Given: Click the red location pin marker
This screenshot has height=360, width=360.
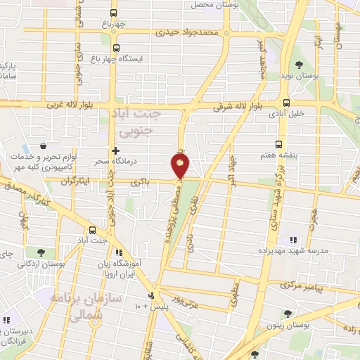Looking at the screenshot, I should [x=180, y=166].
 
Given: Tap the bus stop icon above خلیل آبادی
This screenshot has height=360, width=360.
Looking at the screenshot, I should [x=285, y=101].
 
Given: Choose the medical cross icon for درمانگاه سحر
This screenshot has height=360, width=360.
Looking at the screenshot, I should [x=116, y=150].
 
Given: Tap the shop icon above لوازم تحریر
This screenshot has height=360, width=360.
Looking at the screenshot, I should [x=44, y=146].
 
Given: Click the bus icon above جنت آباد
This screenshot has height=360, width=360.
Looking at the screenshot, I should [x=92, y=230].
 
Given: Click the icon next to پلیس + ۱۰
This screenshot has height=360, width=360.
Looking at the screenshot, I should [x=151, y=296].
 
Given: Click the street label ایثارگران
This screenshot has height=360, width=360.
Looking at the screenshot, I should [x=75, y=181].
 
